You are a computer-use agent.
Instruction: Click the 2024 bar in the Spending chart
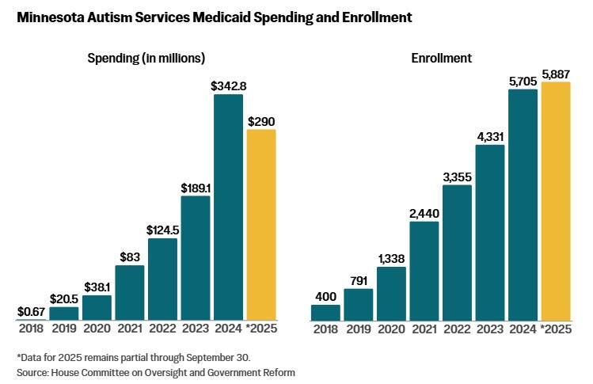point(228,206)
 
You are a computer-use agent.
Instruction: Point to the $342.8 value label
point(228,86)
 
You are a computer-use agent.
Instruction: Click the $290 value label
point(261,121)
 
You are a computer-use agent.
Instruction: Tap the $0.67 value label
point(30,311)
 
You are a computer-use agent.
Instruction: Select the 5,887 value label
point(555,74)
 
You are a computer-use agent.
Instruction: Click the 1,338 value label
point(391,258)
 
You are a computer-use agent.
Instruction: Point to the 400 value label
point(325,296)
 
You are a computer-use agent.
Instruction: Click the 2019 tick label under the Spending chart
point(63,329)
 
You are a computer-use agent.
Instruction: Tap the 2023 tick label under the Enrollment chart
point(490,329)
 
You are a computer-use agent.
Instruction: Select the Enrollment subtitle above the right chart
point(431,58)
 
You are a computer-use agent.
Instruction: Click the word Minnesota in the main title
point(52,16)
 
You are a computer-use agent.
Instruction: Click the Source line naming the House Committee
point(155,371)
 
